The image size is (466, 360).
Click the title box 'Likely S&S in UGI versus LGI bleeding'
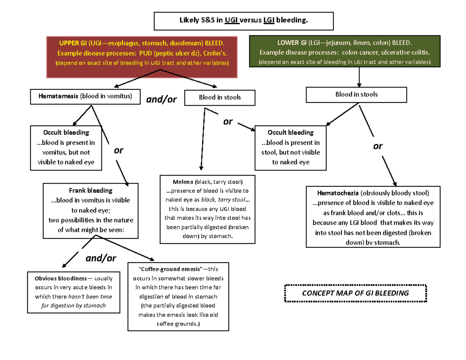click(244, 21)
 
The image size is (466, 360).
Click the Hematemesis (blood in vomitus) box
click(85, 97)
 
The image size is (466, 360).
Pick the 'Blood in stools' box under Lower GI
click(356, 95)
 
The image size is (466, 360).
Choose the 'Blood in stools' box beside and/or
click(220, 97)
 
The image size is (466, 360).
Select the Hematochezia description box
click(373, 217)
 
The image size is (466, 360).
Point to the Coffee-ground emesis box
click(179, 296)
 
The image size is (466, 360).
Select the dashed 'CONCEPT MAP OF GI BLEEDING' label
click(355, 293)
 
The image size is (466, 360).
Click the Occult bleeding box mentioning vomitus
click(66, 148)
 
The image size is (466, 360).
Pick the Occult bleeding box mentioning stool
click(290, 148)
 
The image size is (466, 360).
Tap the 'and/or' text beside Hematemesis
click(161, 100)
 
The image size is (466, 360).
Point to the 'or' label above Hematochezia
click(377, 146)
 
